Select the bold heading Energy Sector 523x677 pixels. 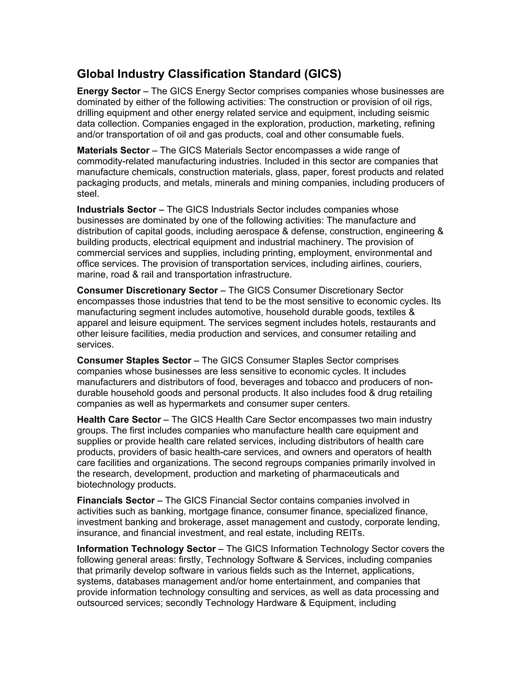(109, 91)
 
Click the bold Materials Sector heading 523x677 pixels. (113, 151)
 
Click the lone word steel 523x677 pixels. (87, 194)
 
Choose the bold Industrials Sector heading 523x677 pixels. (116, 210)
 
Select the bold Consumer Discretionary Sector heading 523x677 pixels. (147, 291)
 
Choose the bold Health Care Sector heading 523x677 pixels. (119, 420)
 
